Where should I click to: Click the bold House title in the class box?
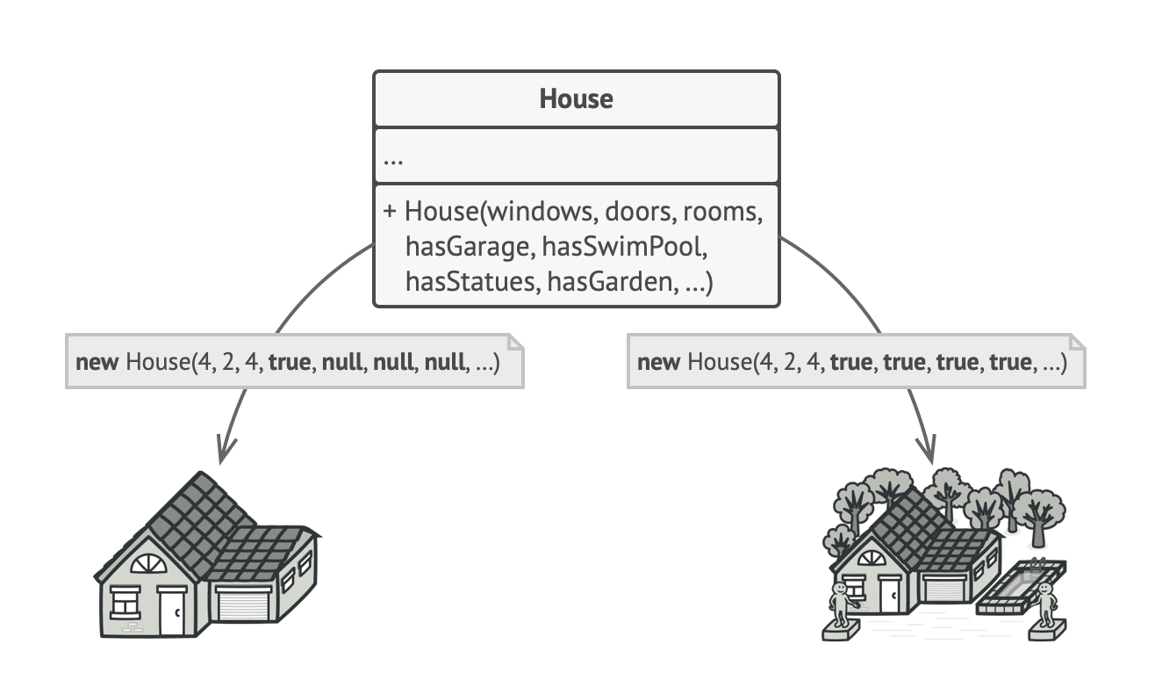tap(576, 98)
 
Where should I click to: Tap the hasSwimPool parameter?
tap(624, 247)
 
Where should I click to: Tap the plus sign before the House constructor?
tap(391, 213)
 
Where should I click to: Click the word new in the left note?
tap(97, 362)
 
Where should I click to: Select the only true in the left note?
tap(290, 362)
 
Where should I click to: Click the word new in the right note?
tap(658, 362)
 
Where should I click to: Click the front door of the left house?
tap(171, 611)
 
